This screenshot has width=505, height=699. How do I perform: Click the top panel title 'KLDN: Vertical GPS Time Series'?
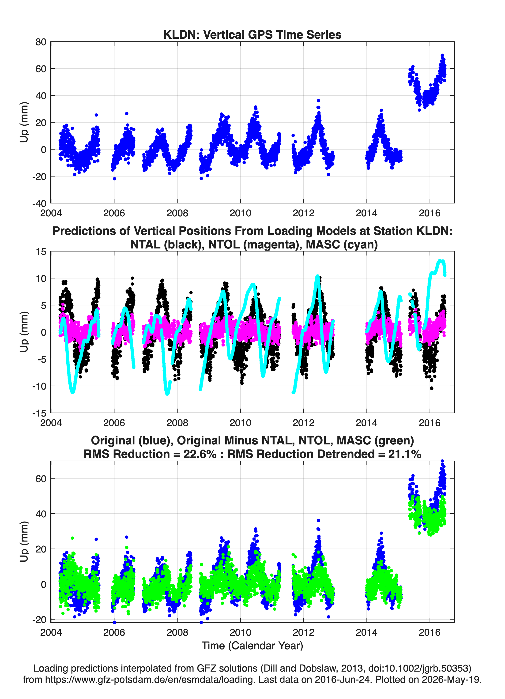click(252, 34)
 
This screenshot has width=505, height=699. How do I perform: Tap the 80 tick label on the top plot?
click(41, 42)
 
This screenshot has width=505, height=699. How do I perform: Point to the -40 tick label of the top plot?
click(39, 203)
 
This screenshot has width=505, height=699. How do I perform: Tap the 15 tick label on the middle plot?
click(41, 252)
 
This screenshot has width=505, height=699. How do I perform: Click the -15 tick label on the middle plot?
click(39, 413)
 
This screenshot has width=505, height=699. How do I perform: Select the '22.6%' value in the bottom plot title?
click(200, 454)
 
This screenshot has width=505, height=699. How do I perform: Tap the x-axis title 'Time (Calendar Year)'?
click(252, 645)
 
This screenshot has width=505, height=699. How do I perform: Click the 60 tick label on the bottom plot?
click(41, 479)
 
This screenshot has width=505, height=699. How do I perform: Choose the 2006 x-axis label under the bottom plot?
click(114, 632)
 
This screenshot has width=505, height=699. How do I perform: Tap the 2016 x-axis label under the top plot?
click(430, 213)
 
